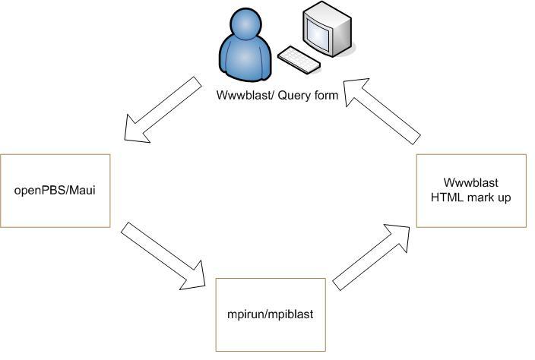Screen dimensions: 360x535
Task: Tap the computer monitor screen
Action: tap(318, 33)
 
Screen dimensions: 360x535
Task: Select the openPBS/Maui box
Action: tap(55, 190)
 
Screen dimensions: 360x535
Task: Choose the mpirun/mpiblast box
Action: tap(271, 314)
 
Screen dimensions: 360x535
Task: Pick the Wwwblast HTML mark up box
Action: tap(471, 191)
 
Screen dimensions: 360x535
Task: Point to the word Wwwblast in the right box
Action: tap(471, 183)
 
